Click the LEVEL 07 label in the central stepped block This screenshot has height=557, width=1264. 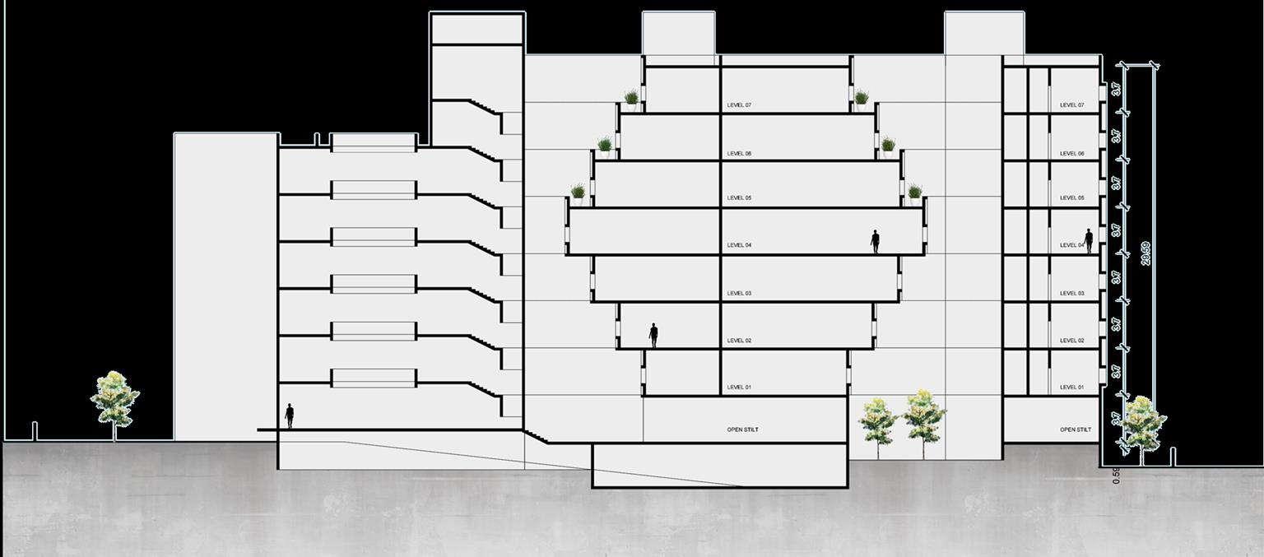(738, 105)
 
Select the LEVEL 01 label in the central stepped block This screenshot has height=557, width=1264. (738, 388)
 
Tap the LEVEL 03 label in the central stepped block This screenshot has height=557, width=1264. (738, 294)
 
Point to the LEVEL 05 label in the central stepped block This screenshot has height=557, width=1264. (738, 198)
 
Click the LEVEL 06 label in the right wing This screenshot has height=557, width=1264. (1071, 154)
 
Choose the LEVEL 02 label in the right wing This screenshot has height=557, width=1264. (1071, 341)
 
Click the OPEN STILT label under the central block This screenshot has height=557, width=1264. (743, 429)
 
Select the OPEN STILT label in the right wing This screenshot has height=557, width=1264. (1075, 429)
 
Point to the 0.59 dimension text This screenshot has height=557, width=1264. (1116, 476)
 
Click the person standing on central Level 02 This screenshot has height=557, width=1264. (653, 335)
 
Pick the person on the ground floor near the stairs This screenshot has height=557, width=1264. (289, 415)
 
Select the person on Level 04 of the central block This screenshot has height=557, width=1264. (875, 241)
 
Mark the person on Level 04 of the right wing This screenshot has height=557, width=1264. (1088, 240)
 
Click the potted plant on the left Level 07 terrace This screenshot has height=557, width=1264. (631, 100)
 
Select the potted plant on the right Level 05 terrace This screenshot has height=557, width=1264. (914, 193)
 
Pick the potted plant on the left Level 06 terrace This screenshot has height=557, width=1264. (605, 146)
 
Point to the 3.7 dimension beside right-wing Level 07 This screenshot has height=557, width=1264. (1117, 89)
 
